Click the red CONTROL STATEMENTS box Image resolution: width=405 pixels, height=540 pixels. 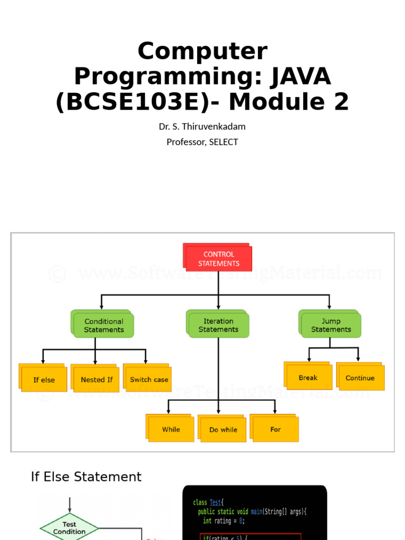(218, 258)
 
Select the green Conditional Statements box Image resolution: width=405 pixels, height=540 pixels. (103, 325)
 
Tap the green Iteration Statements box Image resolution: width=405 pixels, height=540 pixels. (218, 325)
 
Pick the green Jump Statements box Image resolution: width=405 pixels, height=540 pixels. (331, 325)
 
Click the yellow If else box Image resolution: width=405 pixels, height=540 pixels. (44, 380)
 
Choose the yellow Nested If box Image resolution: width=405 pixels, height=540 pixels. (96, 380)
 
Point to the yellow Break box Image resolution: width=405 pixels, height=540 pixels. (308, 378)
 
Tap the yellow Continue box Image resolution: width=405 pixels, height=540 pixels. (360, 378)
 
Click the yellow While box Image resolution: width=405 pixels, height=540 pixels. (171, 429)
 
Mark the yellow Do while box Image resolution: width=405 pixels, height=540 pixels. (223, 429)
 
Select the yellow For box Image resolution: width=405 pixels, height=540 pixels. (275, 429)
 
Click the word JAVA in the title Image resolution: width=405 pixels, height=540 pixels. (301, 76)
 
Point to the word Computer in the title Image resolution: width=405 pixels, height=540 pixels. (202, 52)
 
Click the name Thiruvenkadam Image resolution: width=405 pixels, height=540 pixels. (214, 127)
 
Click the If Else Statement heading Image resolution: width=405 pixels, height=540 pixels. (86, 477)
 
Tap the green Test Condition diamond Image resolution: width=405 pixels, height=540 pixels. (69, 528)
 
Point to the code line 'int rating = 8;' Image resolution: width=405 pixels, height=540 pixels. (224, 521)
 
